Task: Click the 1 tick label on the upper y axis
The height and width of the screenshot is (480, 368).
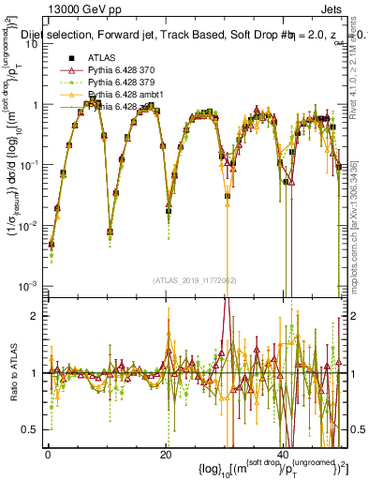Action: point(36,105)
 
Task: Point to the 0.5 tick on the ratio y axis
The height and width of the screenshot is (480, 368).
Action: point(32,429)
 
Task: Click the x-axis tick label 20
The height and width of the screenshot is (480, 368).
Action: point(165,453)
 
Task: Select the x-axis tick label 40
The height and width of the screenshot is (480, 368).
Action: point(283,453)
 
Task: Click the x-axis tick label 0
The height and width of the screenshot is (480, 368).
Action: point(48,453)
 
